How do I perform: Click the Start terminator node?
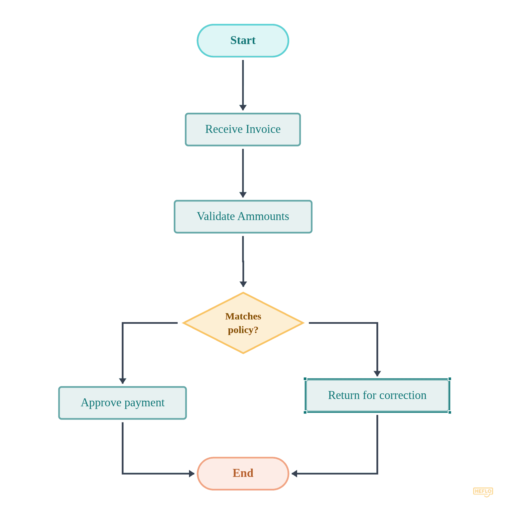pos(243,41)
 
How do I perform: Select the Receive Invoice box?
pos(243,130)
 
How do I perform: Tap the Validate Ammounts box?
pos(243,217)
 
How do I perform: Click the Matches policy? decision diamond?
pos(243,323)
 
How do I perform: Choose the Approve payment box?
pos(122,403)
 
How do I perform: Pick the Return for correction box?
pos(377,395)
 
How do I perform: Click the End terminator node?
pos(243,473)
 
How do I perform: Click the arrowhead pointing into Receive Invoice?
pos(243,108)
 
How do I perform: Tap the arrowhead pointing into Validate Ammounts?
pos(243,195)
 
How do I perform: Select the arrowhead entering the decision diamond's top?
pos(243,284)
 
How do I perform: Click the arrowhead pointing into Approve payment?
pos(123,381)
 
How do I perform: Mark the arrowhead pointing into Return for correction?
pos(377,373)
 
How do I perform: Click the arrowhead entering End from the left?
pos(192,474)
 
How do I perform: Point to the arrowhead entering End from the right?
pos(294,474)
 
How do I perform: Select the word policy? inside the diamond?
pos(243,330)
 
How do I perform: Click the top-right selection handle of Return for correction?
pos(450,379)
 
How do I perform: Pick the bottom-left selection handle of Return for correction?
pos(305,412)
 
